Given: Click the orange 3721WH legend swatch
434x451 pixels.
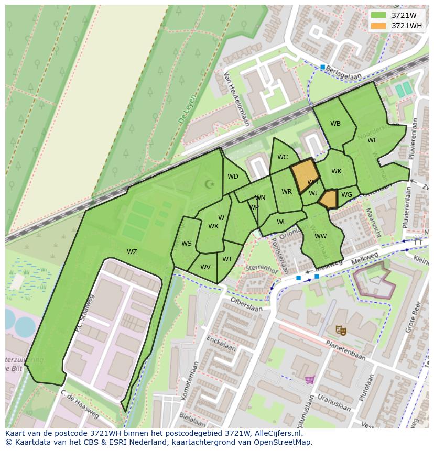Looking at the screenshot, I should click(x=378, y=26).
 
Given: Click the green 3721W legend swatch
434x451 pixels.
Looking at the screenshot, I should click(x=378, y=15).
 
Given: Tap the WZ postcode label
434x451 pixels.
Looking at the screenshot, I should click(x=132, y=252).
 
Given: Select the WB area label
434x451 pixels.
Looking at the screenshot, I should click(x=335, y=124).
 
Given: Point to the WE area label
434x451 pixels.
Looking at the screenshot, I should click(x=372, y=140).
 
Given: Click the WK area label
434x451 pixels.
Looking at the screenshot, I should click(x=337, y=171).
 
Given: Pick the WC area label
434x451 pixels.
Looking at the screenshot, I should click(x=283, y=157).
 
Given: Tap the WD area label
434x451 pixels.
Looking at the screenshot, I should click(x=233, y=177).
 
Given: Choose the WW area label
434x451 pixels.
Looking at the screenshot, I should click(x=321, y=236).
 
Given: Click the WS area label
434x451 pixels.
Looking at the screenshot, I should click(x=187, y=244).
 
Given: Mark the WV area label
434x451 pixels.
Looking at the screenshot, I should click(x=205, y=267).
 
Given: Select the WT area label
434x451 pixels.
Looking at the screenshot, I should click(x=227, y=259).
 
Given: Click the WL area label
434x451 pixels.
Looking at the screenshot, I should click(x=281, y=222).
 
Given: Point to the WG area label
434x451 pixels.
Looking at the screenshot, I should click(x=346, y=195).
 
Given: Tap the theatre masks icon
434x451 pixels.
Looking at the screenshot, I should click(x=341, y=330).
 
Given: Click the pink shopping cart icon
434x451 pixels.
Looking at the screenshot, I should click(x=310, y=379).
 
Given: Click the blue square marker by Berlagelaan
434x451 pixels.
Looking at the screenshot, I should click(x=323, y=67).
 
